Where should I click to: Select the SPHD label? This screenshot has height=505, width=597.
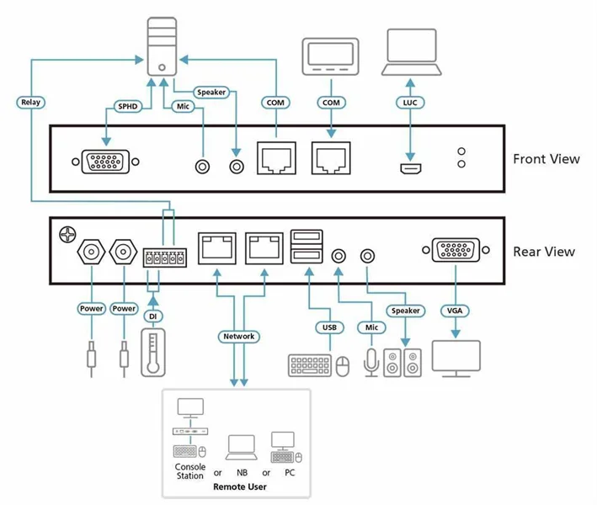pos(126,106)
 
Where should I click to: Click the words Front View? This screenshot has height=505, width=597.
pos(546,159)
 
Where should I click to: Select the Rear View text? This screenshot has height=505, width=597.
pos(544,252)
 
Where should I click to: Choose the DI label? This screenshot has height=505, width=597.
pos(152,316)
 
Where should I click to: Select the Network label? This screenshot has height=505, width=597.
pos(238,336)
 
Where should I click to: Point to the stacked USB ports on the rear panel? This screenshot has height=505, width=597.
pos(306,249)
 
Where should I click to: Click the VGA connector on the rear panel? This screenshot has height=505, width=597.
pos(456,251)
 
